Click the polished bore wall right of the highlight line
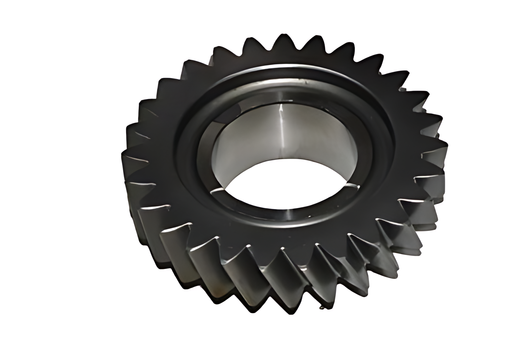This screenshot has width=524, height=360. (x=318, y=139)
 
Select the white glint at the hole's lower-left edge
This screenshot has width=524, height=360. (x=218, y=190)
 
